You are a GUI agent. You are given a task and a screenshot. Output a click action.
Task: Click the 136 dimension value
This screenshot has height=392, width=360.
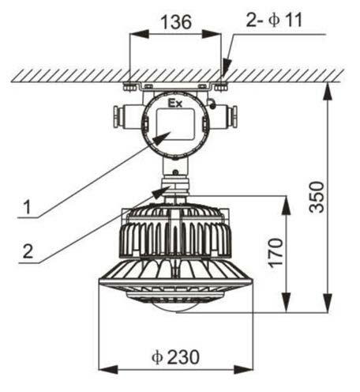click(176, 22)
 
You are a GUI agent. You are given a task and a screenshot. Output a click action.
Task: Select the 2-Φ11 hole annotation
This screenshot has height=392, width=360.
click(274, 20)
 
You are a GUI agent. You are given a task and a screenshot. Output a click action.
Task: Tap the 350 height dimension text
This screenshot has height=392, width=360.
click(317, 197)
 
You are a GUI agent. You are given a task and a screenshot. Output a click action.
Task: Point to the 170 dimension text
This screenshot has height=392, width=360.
click(276, 253)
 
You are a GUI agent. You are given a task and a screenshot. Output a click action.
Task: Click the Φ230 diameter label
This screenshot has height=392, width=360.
click(175, 357)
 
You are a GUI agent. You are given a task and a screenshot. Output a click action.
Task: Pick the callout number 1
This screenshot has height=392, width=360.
click(27, 207)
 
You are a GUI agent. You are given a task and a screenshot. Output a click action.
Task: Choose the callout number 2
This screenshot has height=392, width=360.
click(28, 251)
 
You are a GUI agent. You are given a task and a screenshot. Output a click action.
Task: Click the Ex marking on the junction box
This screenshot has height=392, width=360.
click(175, 104)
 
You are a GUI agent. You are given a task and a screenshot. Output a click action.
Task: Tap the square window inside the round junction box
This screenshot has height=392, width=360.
click(175, 124)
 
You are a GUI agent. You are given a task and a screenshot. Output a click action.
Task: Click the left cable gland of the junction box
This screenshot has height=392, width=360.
click(122, 117)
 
